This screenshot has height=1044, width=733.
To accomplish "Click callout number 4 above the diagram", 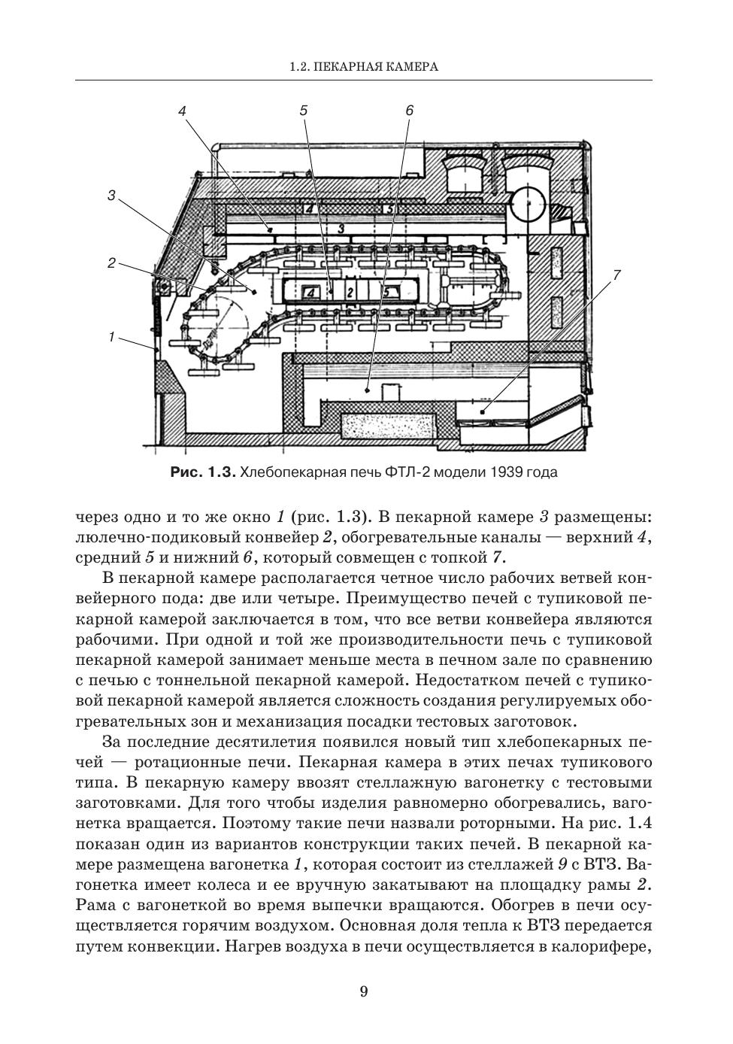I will click(183, 111).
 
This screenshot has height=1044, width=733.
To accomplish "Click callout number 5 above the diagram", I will click(303, 111).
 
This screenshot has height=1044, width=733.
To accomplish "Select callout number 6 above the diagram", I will click(409, 111).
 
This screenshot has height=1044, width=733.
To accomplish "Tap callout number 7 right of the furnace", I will click(616, 275).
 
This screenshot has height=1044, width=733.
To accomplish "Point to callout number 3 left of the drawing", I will click(111, 196).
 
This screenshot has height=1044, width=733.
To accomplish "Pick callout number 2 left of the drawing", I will click(111, 263).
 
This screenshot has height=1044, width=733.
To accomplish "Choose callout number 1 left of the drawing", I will click(111, 337).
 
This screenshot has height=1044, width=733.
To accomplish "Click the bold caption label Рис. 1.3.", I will click(204, 472).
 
